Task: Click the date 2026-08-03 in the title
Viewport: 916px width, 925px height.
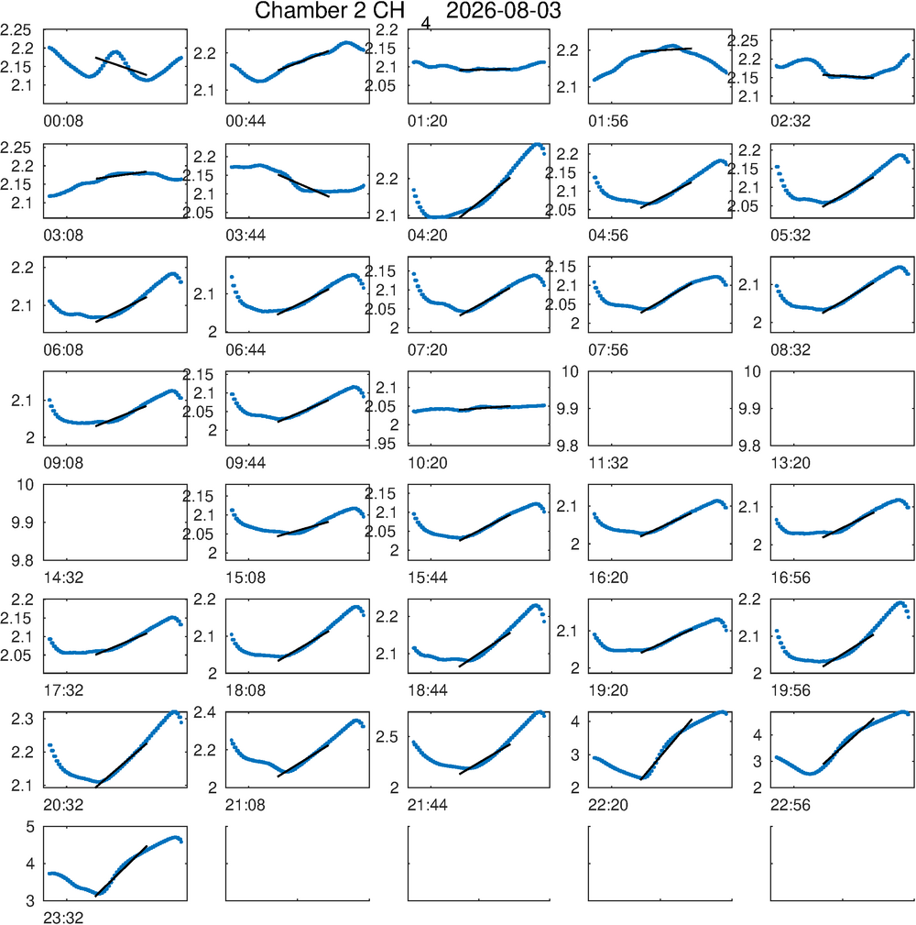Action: click(x=504, y=11)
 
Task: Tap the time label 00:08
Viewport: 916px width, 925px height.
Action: click(x=63, y=122)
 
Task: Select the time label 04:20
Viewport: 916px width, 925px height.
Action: click(x=428, y=236)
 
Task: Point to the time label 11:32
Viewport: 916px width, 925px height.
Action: click(x=607, y=463)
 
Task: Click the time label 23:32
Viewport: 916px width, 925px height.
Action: click(x=63, y=918)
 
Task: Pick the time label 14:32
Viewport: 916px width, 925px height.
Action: click(x=63, y=578)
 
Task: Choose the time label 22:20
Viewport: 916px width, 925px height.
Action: click(x=607, y=805)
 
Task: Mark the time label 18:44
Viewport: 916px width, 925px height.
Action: click(x=428, y=690)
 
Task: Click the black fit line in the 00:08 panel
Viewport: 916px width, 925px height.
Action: click(x=121, y=66)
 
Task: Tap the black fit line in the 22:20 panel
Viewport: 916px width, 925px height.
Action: click(x=666, y=750)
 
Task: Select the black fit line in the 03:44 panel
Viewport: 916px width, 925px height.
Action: click(x=303, y=186)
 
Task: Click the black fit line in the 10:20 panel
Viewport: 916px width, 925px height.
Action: click(x=485, y=408)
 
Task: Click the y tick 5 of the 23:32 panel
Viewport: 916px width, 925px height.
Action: click(x=30, y=827)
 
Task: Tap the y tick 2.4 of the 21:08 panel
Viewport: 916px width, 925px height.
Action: click(x=205, y=712)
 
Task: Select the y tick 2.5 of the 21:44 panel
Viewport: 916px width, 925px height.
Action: click(x=387, y=737)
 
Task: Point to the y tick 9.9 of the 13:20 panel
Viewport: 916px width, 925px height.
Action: click(x=749, y=409)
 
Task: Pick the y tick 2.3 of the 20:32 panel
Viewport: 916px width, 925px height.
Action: click(x=22, y=719)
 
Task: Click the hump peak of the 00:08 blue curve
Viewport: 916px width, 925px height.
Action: click(x=115, y=52)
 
